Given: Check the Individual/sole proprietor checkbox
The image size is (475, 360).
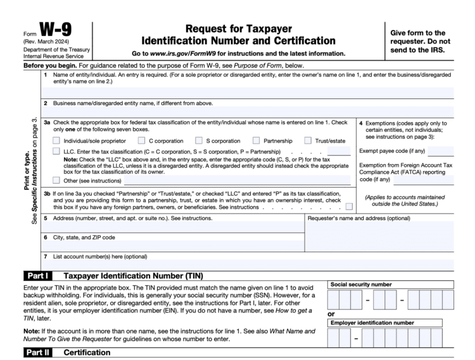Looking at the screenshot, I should tap(57, 140).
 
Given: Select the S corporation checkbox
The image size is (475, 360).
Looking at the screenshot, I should tap(198, 140).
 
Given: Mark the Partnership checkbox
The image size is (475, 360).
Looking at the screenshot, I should tap(256, 140).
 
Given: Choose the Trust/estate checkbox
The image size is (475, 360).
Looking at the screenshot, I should tap(308, 140).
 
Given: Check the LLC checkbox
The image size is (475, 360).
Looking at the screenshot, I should tap(57, 152).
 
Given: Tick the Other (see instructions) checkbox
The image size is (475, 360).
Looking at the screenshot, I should tap(57, 179).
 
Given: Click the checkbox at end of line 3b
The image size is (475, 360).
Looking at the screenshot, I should tap(349, 207).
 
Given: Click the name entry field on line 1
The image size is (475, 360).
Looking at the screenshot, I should tap(247, 93).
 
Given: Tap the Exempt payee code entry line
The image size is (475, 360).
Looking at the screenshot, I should tap(441, 152).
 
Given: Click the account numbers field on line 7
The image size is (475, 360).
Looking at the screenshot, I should tap(247, 264).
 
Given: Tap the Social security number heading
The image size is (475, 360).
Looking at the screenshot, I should tap(358, 285).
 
